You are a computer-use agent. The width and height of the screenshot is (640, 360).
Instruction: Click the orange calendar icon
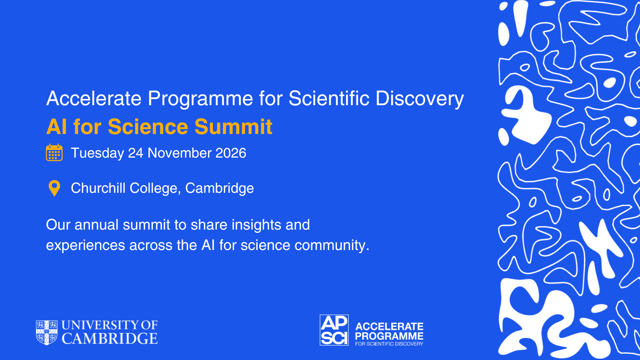(x=54, y=152)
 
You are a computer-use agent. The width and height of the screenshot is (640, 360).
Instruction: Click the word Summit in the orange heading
(x=233, y=126)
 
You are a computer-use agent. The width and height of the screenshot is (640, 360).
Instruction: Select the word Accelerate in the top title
(x=94, y=98)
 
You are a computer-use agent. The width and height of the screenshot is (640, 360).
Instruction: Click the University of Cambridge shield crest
(x=46, y=332)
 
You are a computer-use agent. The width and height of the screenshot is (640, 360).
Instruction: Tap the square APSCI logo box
(x=334, y=330)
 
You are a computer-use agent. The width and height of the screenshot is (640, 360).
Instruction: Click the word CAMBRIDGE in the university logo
(x=110, y=338)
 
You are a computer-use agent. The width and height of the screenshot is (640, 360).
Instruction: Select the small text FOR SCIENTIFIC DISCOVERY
(x=389, y=344)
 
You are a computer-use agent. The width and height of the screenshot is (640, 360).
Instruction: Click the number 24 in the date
(x=136, y=153)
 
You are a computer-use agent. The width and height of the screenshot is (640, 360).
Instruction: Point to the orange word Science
(x=148, y=126)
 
